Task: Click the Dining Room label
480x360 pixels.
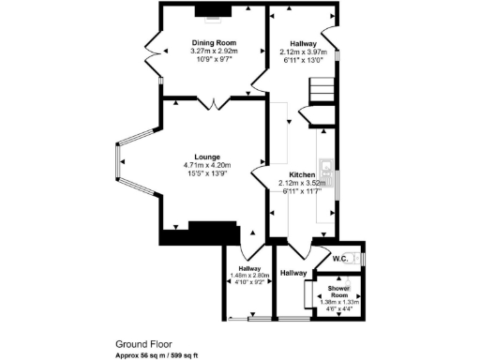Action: pyautogui.click(x=213, y=41)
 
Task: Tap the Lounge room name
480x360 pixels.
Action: pyautogui.click(x=207, y=157)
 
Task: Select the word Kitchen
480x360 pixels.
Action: pyautogui.click(x=302, y=174)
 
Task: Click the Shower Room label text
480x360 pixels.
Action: pyautogui.click(x=338, y=291)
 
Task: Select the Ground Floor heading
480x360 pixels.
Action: pyautogui.click(x=142, y=344)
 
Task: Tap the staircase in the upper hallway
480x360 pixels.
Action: pyautogui.click(x=322, y=95)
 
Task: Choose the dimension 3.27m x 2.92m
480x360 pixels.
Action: pyautogui.click(x=213, y=51)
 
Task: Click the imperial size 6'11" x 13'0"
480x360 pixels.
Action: pyautogui.click(x=301, y=60)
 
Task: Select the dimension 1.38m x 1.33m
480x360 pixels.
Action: pyautogui.click(x=338, y=302)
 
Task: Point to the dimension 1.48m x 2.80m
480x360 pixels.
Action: pyautogui.click(x=249, y=276)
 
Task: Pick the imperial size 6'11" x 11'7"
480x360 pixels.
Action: pyautogui.click(x=301, y=191)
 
